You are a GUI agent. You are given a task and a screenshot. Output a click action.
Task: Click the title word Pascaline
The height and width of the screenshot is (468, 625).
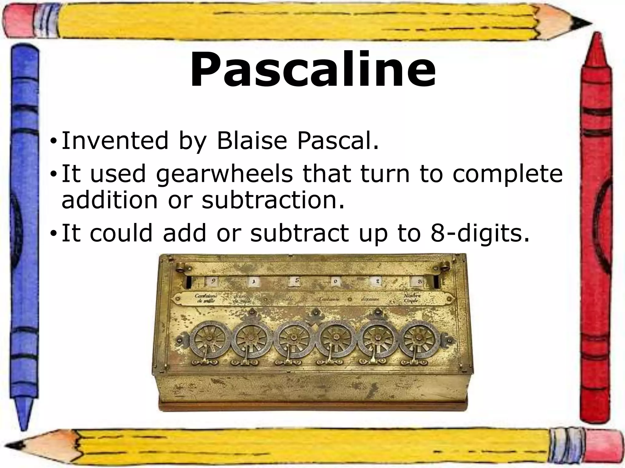coord(312,70)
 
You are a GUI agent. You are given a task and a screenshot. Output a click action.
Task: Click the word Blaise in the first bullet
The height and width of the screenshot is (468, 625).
coord(252,141)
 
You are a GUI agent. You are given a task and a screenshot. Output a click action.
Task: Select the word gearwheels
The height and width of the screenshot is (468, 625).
coord(224,174)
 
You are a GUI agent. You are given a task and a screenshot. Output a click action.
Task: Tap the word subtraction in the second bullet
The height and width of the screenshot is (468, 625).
coord(273,200)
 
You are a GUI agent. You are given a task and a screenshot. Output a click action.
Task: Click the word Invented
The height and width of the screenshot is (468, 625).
coord(115,141)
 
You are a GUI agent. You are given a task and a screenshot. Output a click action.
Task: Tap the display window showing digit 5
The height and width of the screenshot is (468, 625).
coord(295,282)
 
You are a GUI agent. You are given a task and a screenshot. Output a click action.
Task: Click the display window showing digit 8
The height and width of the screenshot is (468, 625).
coord(419,282)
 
